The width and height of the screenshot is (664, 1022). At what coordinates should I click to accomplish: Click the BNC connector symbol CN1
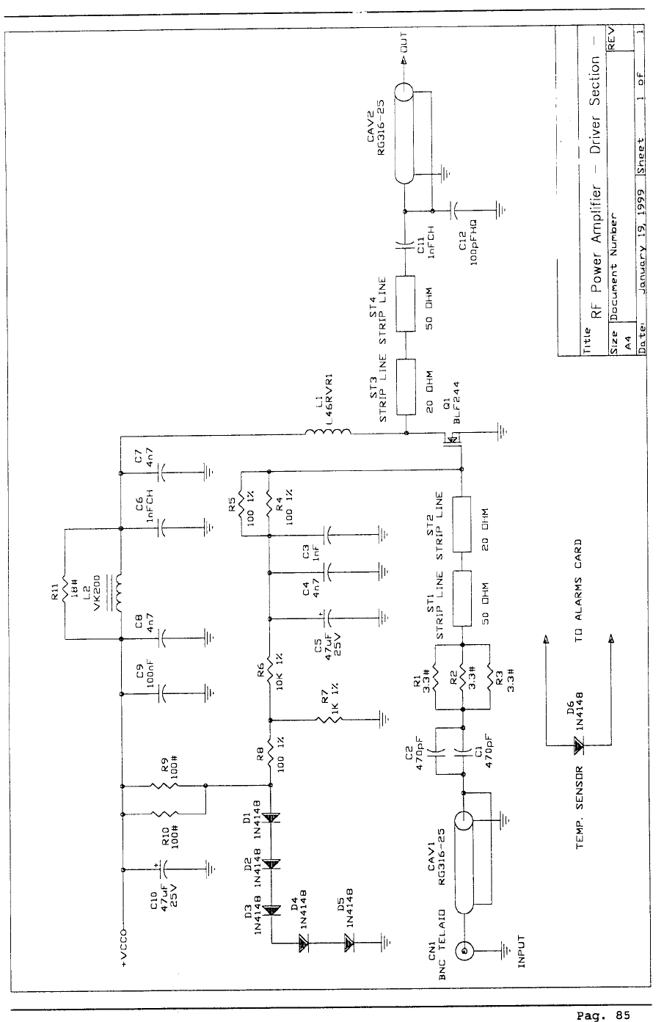click(x=463, y=952)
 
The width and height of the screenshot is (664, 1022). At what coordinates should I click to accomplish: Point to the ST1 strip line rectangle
click(x=461, y=598)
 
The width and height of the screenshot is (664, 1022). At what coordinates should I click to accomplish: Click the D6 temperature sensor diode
click(x=578, y=746)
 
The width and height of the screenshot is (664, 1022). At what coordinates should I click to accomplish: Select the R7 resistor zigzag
click(x=334, y=719)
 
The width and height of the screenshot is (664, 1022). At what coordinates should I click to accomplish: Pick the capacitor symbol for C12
click(x=455, y=208)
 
